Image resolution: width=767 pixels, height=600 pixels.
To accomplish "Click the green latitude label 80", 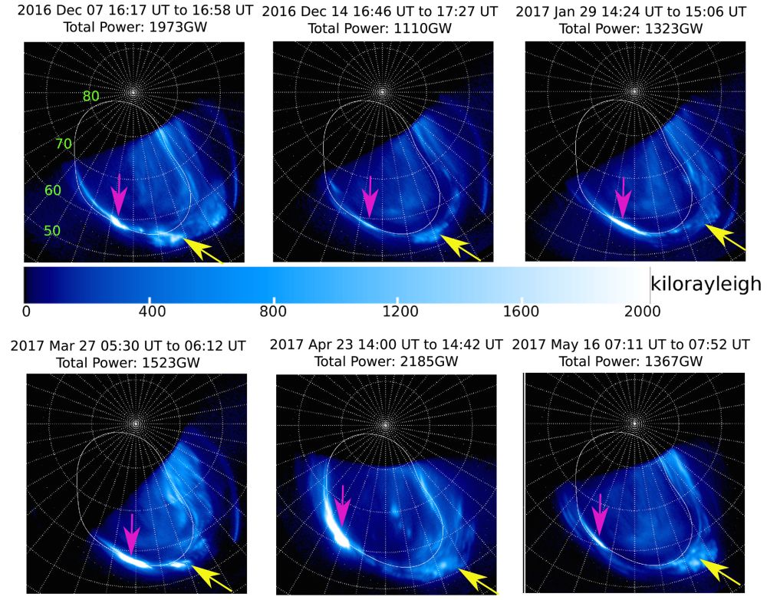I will coord(91,97).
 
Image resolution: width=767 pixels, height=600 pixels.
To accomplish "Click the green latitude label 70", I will coord(64,143).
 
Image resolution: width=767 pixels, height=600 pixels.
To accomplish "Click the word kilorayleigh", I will coord(706,284).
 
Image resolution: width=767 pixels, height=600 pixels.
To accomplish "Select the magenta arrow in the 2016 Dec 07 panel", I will coord(119,195).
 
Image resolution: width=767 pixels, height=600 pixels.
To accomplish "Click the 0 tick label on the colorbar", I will coord(26,311).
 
